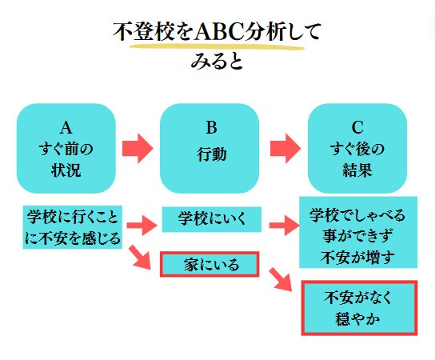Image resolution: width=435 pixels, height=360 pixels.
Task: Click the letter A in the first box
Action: tap(66, 128)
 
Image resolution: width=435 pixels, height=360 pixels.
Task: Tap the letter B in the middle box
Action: tap(211, 127)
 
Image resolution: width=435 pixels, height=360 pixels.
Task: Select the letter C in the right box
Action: tap(357, 127)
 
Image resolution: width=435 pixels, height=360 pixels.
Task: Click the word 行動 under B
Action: tap(212, 154)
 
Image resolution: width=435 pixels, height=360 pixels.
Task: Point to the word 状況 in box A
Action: tap(66, 170)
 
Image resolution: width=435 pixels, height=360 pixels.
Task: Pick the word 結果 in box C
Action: tap(357, 170)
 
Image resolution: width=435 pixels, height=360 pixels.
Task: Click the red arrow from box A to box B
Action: tap(138, 148)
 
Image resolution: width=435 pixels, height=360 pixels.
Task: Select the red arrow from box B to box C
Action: tap(285, 148)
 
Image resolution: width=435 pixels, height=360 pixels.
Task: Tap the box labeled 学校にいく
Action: tap(212, 219)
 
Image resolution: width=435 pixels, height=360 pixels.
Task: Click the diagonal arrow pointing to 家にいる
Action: tap(140, 258)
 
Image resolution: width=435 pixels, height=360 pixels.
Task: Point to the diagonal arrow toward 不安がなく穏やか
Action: tap(281, 280)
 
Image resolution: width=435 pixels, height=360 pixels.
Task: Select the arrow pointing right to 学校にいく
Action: tap(142, 225)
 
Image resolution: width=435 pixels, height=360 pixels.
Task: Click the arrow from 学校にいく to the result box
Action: tap(285, 225)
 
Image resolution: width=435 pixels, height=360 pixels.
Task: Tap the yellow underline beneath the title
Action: tap(217, 47)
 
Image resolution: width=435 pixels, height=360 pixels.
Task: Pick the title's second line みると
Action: tap(217, 61)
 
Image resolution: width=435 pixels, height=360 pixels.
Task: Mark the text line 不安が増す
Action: tap(357, 257)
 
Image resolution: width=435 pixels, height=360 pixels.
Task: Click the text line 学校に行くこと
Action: tap(73, 217)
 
